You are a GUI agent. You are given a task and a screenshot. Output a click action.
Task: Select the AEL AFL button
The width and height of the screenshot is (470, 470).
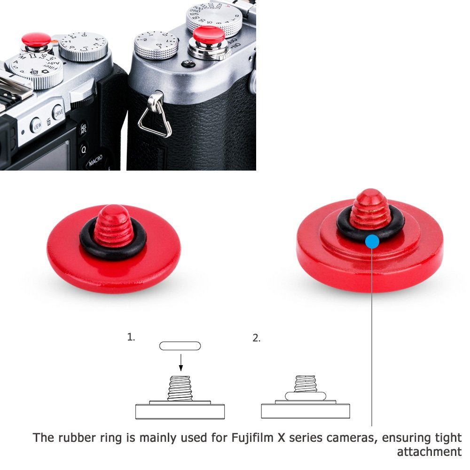[84, 129]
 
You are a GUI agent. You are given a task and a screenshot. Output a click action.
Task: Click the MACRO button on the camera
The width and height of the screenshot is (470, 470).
[97, 162]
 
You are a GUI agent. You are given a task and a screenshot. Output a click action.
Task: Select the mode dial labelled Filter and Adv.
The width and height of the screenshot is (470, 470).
[36, 70]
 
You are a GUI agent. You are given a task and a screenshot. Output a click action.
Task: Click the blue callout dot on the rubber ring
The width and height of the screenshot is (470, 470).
[372, 242]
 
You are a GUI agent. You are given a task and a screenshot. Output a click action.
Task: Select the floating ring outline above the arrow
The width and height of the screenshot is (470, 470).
[180, 346]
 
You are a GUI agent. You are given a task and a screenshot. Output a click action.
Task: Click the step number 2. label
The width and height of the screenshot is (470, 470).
[256, 338]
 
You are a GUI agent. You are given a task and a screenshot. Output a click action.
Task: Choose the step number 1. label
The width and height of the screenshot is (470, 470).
[131, 337]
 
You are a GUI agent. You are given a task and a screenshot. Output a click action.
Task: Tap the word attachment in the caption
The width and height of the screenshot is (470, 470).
[429, 452]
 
